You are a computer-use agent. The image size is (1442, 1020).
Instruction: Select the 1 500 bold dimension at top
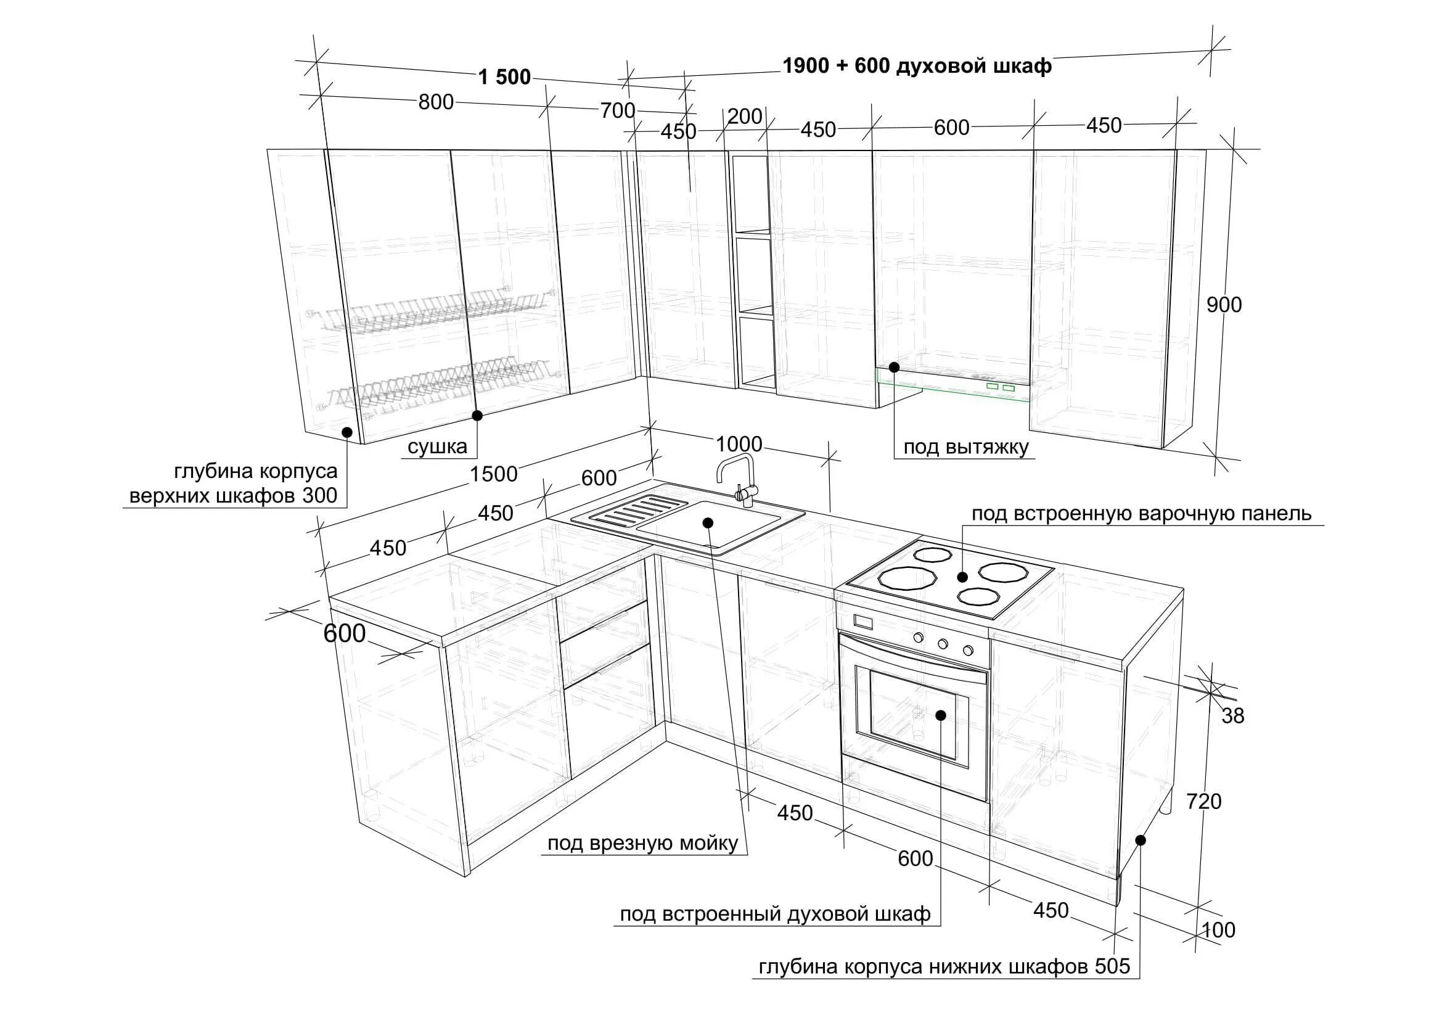tap(504, 77)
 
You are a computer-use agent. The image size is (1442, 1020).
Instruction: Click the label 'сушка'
tap(437, 446)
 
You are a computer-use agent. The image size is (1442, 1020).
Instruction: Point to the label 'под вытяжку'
tap(966, 447)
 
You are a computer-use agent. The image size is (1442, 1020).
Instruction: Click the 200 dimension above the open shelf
tap(745, 116)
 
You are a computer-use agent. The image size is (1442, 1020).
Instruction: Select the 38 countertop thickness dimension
tap(1233, 716)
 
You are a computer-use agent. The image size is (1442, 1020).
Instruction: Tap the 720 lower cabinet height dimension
tap(1204, 802)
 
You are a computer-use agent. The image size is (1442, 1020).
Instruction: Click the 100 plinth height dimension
tap(1218, 929)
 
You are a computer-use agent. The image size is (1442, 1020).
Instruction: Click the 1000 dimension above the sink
tap(739, 444)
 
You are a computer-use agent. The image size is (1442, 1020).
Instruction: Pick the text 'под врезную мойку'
tap(642, 843)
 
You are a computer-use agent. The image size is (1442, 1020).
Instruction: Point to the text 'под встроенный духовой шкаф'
tap(775, 914)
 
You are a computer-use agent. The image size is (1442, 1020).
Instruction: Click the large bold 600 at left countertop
tap(344, 634)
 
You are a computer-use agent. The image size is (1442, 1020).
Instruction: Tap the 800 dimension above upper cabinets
tap(436, 102)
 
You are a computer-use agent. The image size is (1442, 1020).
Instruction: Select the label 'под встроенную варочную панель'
tap(1141, 514)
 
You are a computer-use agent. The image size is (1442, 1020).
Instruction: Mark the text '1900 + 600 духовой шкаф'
tap(916, 65)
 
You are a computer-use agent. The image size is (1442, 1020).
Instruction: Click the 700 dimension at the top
tap(617, 110)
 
